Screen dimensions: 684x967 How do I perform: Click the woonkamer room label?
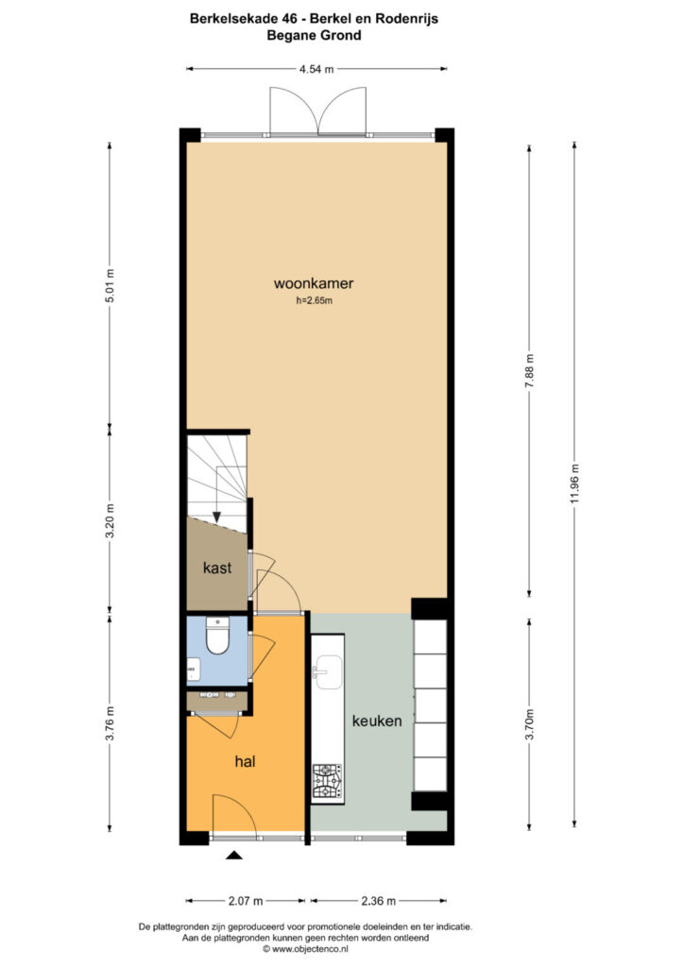tap(314, 283)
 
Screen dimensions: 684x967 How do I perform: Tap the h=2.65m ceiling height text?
tap(314, 301)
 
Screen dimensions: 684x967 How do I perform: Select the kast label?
tap(217, 568)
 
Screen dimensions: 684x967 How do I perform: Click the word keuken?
tap(377, 721)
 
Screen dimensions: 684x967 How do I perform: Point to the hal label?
tap(245, 762)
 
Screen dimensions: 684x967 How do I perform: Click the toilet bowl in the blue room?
tap(217, 636)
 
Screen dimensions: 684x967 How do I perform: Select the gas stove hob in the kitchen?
tap(328, 782)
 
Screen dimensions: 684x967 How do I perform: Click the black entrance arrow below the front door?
tap(234, 855)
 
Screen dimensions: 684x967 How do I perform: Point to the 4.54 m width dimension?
tap(316, 69)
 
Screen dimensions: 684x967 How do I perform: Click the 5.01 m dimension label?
tap(111, 285)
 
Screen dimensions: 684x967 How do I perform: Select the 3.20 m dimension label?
tap(111, 521)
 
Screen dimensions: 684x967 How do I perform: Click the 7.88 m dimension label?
tap(529, 370)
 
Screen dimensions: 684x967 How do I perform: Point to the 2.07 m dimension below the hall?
tap(246, 901)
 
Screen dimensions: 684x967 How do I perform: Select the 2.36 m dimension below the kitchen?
tap(378, 901)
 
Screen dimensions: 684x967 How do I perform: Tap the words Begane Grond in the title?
tap(314, 35)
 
